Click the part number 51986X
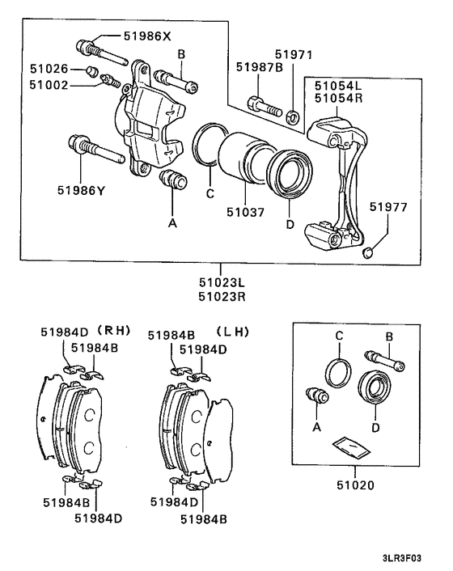(147, 36)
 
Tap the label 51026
(49, 69)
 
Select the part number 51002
(49, 85)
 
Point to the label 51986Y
(81, 190)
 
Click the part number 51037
(245, 212)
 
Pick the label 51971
(294, 54)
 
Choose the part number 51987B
(260, 67)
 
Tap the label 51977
(388, 207)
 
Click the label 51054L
(338, 86)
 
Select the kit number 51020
(355, 485)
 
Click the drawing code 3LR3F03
(402, 558)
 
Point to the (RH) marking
(113, 330)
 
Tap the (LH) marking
(232, 332)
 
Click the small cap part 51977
(368, 252)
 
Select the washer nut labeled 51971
(293, 116)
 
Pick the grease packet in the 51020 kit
(351, 446)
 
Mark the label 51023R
(222, 297)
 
